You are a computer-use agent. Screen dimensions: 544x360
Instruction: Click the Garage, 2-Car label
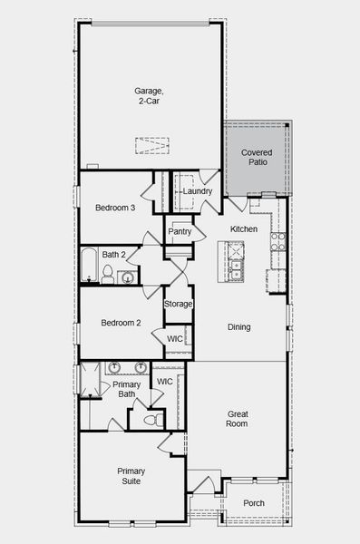click(x=150, y=95)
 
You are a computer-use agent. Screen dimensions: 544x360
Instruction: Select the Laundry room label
click(x=197, y=191)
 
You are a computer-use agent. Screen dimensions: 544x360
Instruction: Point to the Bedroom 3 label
click(x=115, y=209)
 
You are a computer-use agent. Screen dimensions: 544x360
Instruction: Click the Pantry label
click(x=180, y=231)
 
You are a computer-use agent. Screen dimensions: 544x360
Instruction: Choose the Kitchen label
click(x=244, y=229)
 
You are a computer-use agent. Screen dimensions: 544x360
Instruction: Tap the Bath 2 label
click(x=113, y=255)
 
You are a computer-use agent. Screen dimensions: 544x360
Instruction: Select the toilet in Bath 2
click(x=108, y=274)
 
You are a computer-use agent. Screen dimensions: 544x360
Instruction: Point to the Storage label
click(x=178, y=304)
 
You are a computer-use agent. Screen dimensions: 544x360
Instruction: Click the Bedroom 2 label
click(x=120, y=323)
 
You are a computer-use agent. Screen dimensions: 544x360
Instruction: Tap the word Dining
click(x=239, y=327)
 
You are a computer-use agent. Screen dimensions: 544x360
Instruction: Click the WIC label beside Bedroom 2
click(x=174, y=338)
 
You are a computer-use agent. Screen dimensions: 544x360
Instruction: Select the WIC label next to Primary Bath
click(x=164, y=382)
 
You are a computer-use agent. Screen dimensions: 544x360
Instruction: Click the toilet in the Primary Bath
click(x=154, y=419)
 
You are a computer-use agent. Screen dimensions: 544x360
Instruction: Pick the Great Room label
click(x=237, y=419)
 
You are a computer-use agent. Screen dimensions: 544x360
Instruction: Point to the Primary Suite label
click(x=131, y=477)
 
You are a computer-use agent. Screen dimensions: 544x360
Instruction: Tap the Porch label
click(x=254, y=504)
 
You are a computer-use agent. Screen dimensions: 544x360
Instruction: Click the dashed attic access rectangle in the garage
click(x=152, y=146)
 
